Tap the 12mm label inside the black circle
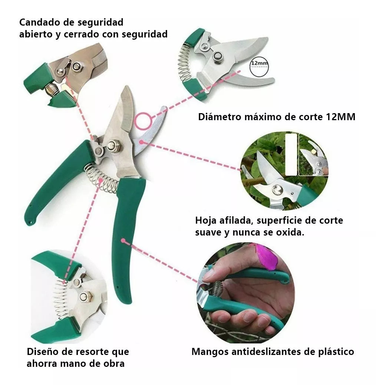tap(259, 63)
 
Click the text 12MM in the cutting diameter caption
tap(340, 116)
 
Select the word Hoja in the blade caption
tap(206, 220)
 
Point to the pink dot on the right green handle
tap(123, 240)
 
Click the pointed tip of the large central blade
tap(127, 86)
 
